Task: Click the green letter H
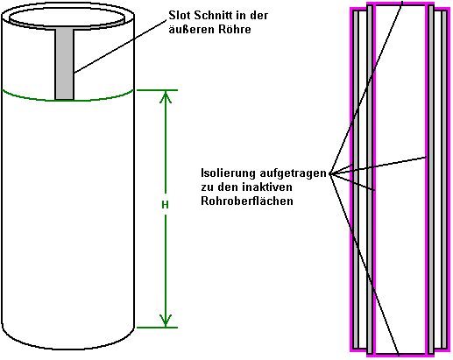click(x=165, y=205)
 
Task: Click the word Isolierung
click(x=228, y=173)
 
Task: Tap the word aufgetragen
click(x=293, y=173)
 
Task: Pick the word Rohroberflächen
click(x=247, y=201)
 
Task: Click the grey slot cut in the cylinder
click(x=65, y=65)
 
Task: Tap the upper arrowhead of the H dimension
click(x=166, y=97)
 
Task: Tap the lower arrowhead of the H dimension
click(x=166, y=321)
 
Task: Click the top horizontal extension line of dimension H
click(x=157, y=90)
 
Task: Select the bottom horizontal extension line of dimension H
click(x=157, y=328)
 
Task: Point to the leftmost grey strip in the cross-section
click(x=356, y=180)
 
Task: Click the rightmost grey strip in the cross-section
click(x=444, y=180)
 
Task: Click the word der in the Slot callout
click(x=259, y=16)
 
